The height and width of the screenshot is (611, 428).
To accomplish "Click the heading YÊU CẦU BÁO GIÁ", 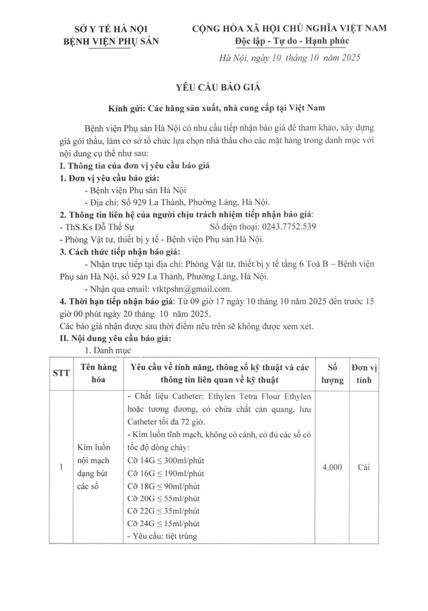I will point(213,87).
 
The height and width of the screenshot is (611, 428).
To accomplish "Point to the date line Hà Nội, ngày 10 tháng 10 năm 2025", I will point(290,58).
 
